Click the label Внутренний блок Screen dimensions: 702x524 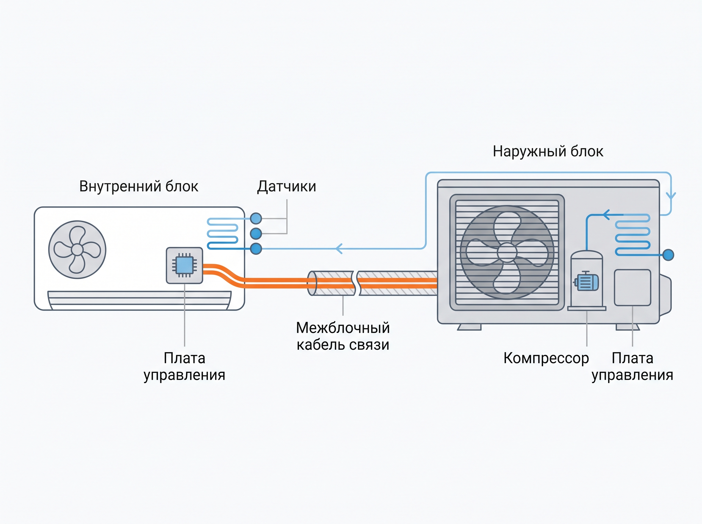tap(139, 187)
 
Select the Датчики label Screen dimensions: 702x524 tap(286, 187)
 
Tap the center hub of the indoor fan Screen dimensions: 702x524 tap(77, 250)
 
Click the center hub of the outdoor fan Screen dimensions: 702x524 tap(507, 252)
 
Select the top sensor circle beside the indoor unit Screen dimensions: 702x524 tap(256, 218)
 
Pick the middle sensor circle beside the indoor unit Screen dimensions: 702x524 tap(256, 233)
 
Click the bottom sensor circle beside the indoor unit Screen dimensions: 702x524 tap(256, 249)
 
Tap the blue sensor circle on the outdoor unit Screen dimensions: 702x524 tap(668, 255)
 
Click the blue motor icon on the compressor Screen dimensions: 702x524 tap(586, 281)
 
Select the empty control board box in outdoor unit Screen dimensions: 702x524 tap(632, 288)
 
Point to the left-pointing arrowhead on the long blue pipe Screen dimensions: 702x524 tap(339, 249)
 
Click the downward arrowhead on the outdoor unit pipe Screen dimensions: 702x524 tap(671, 195)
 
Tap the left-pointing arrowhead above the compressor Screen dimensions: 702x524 tap(606, 215)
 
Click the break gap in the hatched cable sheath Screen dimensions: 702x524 tap(356, 283)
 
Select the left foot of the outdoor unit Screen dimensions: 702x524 tap(469, 327)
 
